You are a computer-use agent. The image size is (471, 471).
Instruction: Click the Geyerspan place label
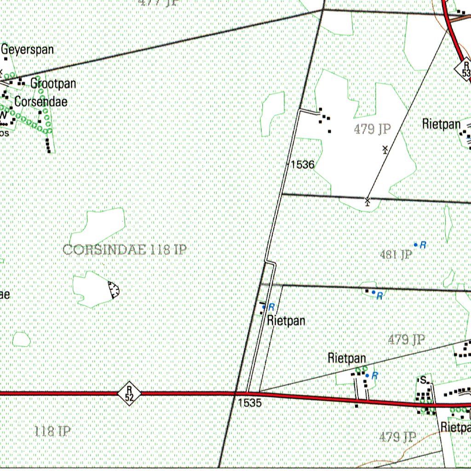28,50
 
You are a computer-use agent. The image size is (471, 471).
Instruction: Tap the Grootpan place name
53,84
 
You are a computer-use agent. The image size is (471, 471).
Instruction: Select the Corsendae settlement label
40,102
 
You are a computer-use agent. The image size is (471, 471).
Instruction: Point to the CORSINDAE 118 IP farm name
124,250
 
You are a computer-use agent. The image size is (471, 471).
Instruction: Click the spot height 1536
302,164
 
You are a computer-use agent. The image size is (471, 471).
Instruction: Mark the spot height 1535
250,403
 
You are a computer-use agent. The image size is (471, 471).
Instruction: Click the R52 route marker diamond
129,394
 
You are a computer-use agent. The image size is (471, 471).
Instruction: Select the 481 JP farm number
396,254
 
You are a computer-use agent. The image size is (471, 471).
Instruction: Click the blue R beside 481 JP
423,245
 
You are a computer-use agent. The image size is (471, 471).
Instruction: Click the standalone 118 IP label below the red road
52,431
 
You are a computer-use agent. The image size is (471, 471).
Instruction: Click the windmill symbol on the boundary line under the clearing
368,200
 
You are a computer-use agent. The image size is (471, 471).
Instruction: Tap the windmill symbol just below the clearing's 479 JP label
385,149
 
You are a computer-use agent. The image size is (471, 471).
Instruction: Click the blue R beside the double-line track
271,307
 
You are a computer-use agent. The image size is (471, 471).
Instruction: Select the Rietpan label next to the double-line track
286,321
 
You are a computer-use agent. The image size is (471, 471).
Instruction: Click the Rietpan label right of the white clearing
441,124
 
